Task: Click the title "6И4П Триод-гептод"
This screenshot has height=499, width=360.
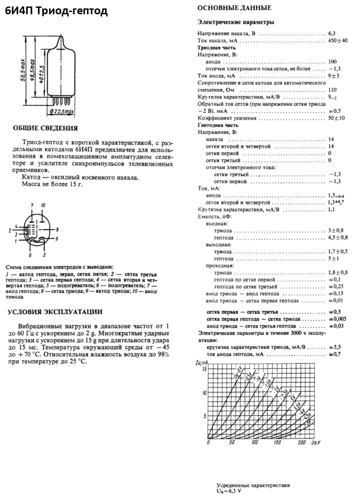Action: click(x=56, y=11)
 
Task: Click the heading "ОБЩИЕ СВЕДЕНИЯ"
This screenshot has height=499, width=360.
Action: click(x=45, y=128)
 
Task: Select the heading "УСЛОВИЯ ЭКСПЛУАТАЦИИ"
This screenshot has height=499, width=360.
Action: click(x=55, y=312)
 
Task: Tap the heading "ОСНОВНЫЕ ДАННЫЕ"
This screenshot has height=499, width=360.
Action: click(x=234, y=8)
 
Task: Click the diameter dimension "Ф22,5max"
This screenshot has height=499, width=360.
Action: click(x=61, y=112)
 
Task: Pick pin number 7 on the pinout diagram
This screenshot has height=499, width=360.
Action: click(x=32, y=206)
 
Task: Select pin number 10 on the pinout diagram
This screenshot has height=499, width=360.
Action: click(x=43, y=206)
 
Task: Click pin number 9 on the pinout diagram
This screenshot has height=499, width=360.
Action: click(x=56, y=239)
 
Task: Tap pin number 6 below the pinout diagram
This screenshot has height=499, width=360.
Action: click(x=30, y=255)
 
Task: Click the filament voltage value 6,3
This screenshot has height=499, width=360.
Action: click(x=332, y=33)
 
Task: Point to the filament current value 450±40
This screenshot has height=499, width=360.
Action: click(x=338, y=41)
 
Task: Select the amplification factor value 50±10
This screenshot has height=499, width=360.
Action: click(x=336, y=118)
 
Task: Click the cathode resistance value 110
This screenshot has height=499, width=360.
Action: click(x=332, y=90)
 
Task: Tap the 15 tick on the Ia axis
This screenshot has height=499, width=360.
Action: click(x=204, y=369)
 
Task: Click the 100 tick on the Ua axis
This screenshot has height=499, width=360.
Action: click(x=255, y=443)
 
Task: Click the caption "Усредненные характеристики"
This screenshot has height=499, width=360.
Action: click(x=253, y=485)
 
